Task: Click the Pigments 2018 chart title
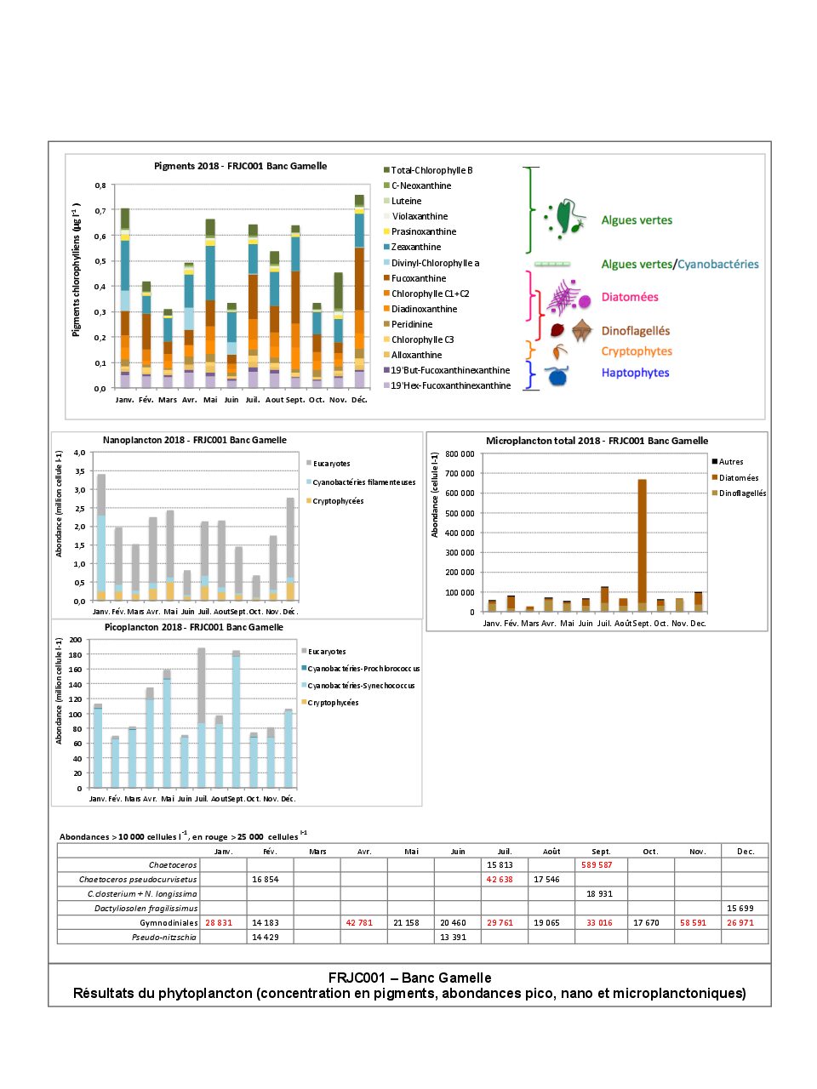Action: click(240, 166)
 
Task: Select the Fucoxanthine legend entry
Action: click(418, 278)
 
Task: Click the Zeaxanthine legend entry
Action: click(415, 247)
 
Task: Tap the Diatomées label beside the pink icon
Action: click(630, 297)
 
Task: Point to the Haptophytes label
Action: click(635, 373)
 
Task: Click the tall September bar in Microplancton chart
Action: click(642, 544)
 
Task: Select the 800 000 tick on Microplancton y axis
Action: click(460, 454)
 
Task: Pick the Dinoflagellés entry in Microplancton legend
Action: click(742, 493)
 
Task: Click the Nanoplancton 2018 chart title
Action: click(194, 440)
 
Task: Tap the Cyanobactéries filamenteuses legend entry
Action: click(363, 482)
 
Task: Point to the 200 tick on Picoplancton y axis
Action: click(76, 640)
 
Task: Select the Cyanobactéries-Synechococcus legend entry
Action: click(361, 686)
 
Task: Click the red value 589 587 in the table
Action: click(597, 865)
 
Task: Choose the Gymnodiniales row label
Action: click(169, 922)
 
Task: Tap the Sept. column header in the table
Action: click(601, 851)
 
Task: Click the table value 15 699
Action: click(740, 909)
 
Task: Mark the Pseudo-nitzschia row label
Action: click(163, 937)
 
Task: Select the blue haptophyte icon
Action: click(557, 375)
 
